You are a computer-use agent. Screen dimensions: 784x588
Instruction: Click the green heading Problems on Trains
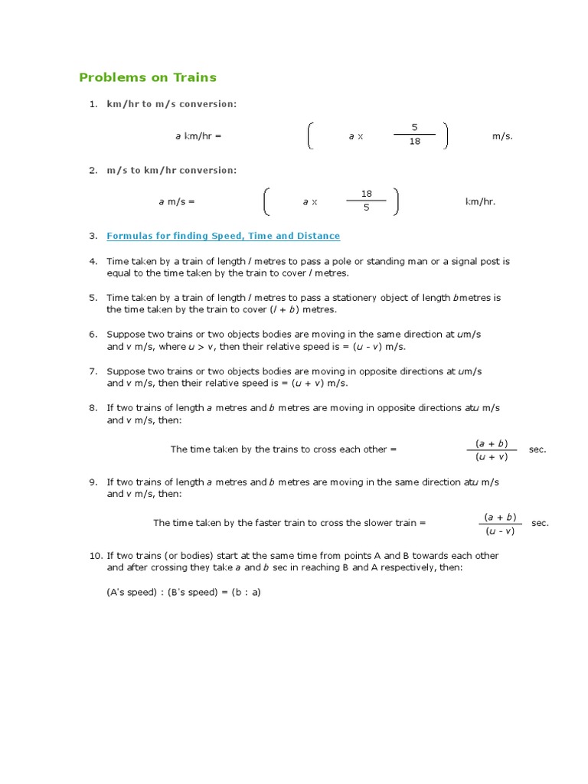point(148,77)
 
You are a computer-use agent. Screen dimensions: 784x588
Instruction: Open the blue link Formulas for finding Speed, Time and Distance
point(223,236)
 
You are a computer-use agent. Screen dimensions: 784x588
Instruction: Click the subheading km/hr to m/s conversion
point(171,104)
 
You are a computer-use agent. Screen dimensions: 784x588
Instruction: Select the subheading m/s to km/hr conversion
point(171,170)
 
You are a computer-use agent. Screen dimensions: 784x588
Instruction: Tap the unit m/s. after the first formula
point(502,136)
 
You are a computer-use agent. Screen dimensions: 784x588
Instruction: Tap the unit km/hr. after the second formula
point(480,202)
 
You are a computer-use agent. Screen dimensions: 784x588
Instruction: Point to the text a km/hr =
point(198,136)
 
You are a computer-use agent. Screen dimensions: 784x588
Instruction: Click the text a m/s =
point(177,202)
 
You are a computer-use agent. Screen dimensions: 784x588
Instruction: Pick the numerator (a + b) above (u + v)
point(491,443)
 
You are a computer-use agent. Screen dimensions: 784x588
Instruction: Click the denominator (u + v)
point(491,457)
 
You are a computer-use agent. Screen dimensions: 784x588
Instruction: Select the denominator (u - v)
point(500,531)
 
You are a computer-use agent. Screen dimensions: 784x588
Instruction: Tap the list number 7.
point(93,371)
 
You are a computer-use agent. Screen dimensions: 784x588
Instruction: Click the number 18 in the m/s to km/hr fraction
point(366,194)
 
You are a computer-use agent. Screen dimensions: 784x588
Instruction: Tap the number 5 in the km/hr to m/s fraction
point(414,127)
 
